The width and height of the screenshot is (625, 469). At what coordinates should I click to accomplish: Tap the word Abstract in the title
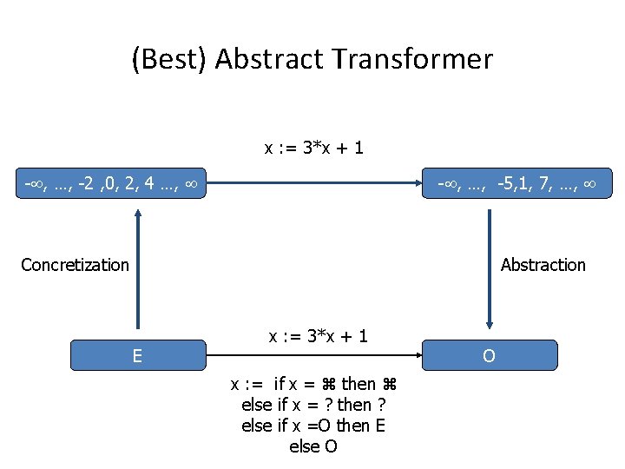[x=268, y=59]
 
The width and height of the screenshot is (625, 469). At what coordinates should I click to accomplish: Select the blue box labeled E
[x=137, y=355]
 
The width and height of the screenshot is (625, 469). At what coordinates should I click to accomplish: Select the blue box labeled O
[x=490, y=355]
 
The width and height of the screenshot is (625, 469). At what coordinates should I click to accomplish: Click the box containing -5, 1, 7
[x=516, y=183]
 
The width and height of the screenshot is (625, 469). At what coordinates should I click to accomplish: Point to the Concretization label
[x=75, y=265]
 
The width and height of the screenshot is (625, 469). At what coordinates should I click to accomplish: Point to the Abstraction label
[x=543, y=265]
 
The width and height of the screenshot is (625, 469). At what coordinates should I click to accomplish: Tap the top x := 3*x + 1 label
[x=314, y=149]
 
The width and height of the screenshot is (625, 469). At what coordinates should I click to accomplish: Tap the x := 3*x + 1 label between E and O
[x=319, y=335]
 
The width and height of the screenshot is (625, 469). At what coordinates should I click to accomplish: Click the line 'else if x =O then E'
[x=313, y=426]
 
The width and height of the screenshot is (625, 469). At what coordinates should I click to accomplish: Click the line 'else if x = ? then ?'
[x=313, y=405]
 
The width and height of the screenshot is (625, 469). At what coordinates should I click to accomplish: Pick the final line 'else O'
[x=313, y=446]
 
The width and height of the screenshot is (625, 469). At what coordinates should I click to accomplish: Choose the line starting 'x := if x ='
[x=313, y=384]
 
